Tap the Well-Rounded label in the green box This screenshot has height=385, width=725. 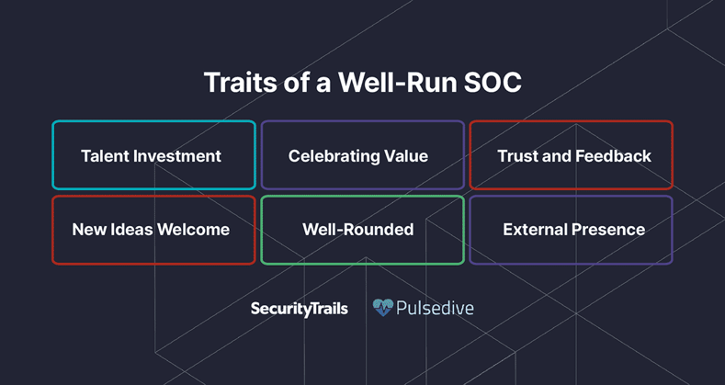(x=358, y=229)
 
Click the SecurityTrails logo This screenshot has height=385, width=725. (x=300, y=309)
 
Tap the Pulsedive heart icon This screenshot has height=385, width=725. (x=383, y=307)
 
